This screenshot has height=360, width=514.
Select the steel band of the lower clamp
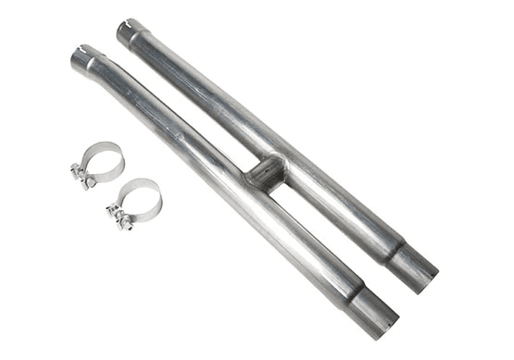[x=148, y=188]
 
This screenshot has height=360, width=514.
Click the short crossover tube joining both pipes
[x=261, y=172]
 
